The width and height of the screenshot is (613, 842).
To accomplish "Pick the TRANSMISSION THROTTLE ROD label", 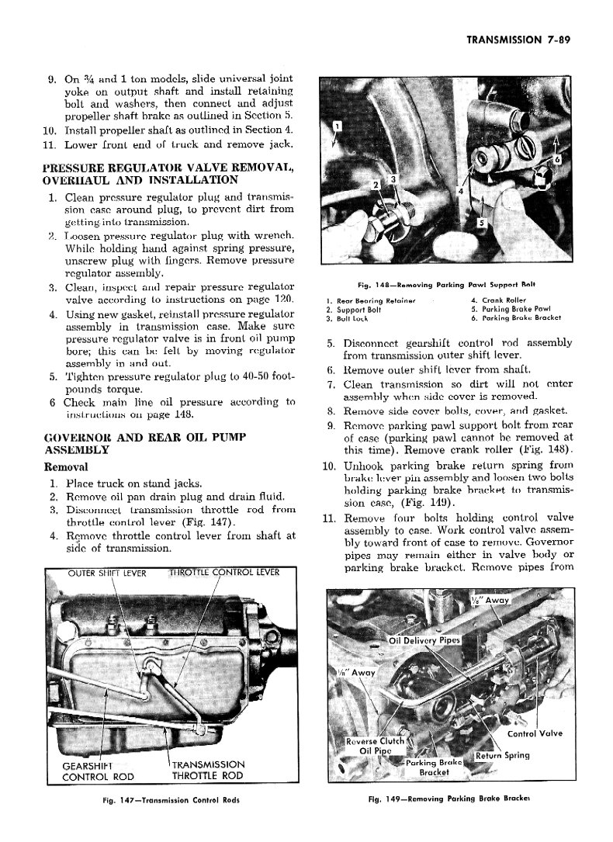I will [207, 770].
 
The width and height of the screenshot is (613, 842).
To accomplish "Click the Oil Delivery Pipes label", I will [424, 640].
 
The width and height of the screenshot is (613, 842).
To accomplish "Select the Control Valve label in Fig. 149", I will [535, 733].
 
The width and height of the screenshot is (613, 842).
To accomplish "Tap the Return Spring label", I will [502, 755].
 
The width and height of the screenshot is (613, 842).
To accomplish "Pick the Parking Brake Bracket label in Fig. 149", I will [434, 767].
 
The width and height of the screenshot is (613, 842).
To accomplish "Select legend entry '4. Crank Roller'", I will [500, 299].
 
